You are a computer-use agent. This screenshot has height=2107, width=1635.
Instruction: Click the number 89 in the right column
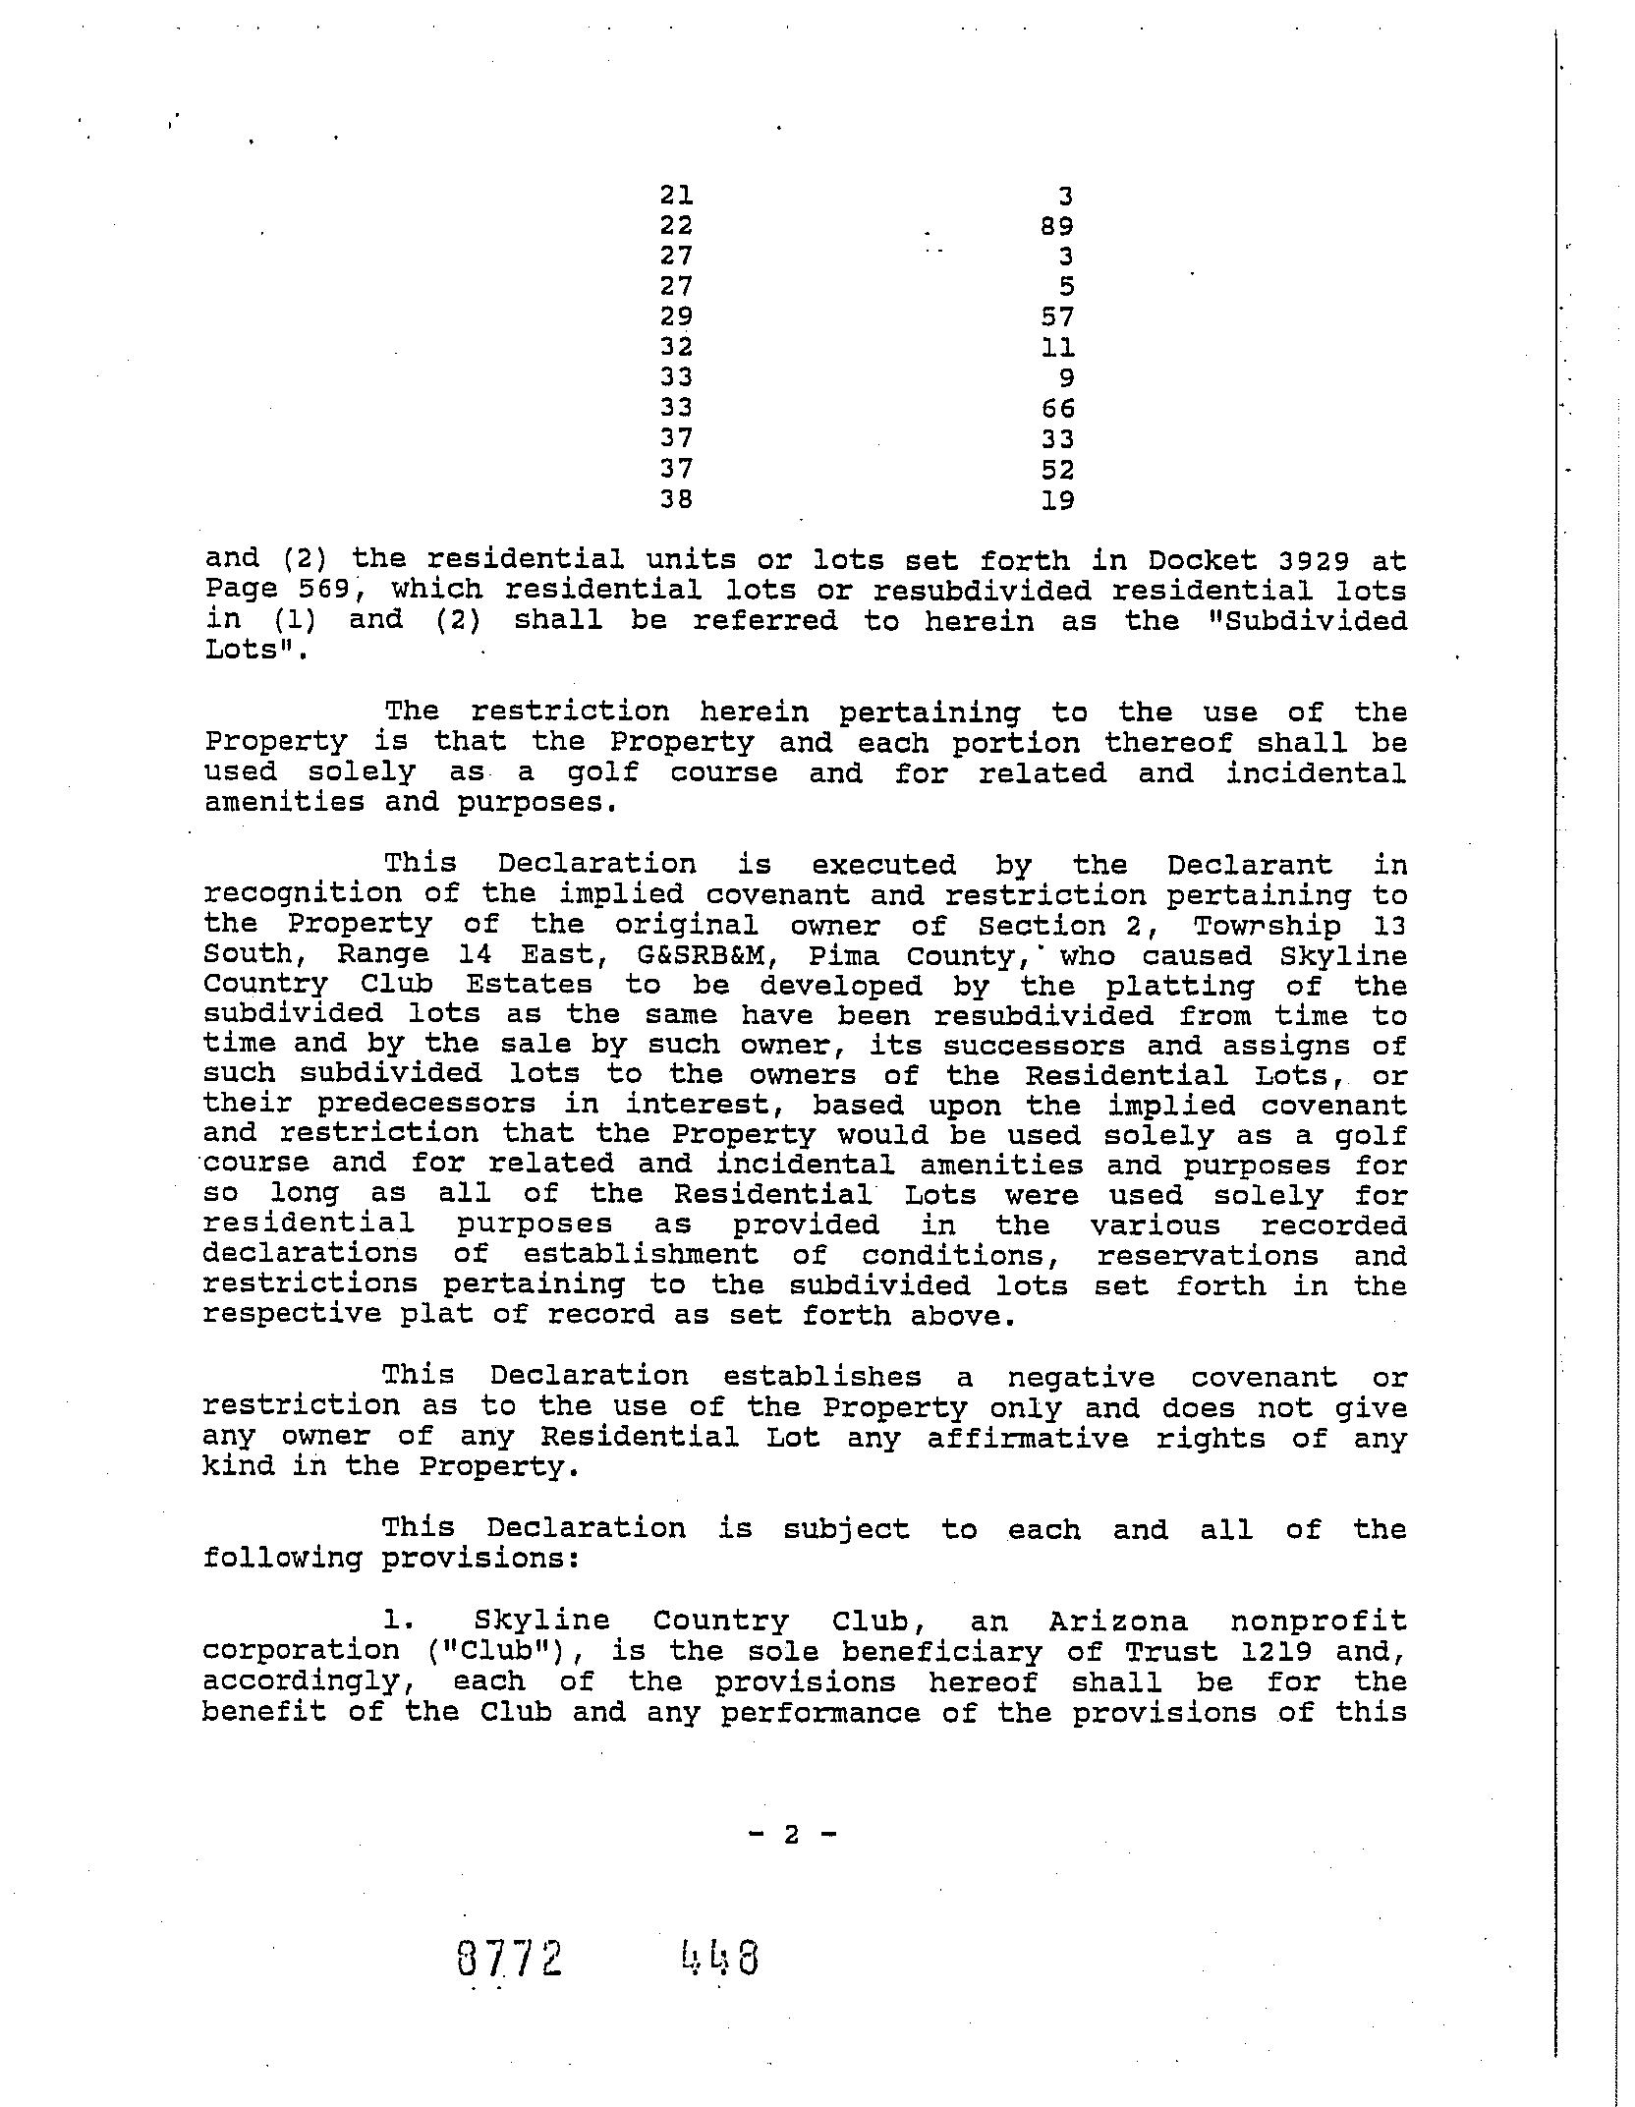(1057, 226)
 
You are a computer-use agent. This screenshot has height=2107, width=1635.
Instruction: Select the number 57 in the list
(1057, 316)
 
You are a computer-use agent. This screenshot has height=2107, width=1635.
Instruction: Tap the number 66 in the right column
(1057, 408)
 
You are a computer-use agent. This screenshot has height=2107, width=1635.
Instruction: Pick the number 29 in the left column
(676, 316)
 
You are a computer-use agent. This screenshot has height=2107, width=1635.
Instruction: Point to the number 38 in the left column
(676, 499)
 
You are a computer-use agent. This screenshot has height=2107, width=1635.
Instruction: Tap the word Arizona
(1118, 1621)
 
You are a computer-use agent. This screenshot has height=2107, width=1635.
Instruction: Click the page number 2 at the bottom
(792, 1834)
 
